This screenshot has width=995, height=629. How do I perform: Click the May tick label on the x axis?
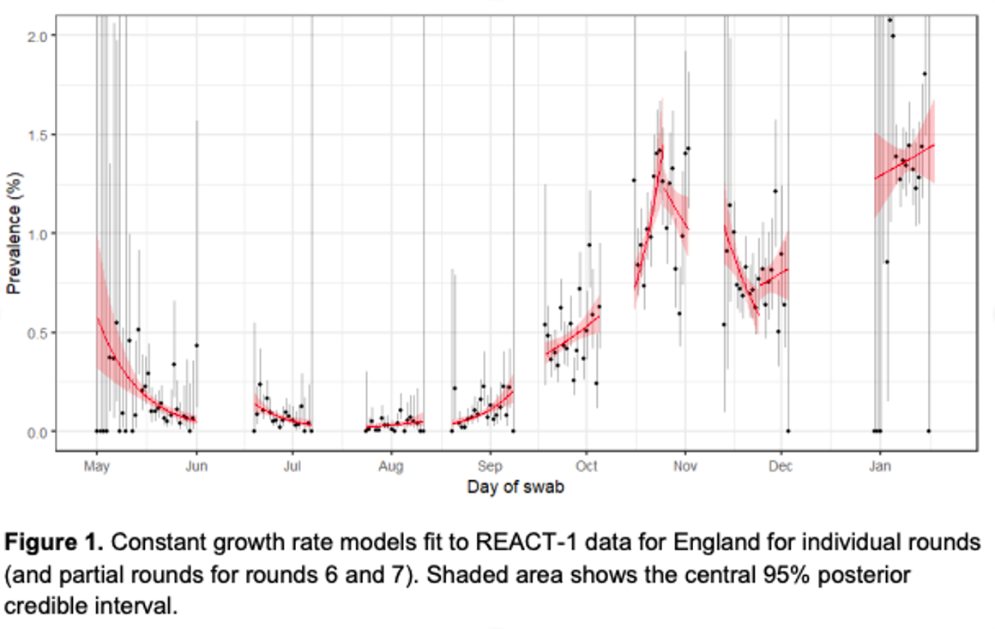click(97, 466)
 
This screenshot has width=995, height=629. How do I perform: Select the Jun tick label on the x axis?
click(196, 466)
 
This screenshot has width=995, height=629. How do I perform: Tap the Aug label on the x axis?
click(390, 466)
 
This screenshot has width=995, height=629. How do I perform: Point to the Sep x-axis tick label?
click(490, 466)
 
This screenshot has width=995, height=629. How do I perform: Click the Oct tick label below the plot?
click(586, 466)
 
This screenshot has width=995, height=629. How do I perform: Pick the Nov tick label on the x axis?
click(684, 466)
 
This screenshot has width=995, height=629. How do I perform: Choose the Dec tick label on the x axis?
click(781, 466)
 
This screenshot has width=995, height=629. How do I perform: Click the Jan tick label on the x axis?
click(879, 466)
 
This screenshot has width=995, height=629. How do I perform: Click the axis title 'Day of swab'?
click(516, 488)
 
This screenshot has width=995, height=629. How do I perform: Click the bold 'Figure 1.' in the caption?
click(53, 543)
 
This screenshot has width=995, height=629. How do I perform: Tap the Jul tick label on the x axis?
click(292, 466)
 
